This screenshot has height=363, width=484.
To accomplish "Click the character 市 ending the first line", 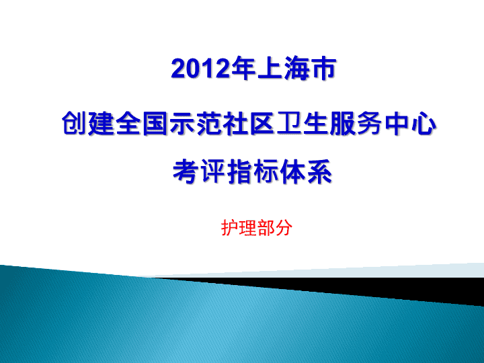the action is pyautogui.click(x=324, y=68).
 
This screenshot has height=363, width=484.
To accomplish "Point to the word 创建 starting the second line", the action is pyautogui.click(x=88, y=124).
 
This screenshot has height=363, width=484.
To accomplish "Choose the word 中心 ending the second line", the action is pyautogui.click(x=410, y=124).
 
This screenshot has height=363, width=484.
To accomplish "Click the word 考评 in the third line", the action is pyautogui.click(x=199, y=171).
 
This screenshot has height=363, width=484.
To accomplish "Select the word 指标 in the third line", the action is pyautogui.click(x=253, y=171).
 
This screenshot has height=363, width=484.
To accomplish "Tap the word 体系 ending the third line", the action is pyautogui.click(x=306, y=171).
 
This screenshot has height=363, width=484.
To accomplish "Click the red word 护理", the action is pyautogui.click(x=239, y=228).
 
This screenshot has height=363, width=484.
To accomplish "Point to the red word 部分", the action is pyautogui.click(x=275, y=228).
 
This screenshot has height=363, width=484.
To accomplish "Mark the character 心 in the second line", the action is pyautogui.click(x=424, y=124).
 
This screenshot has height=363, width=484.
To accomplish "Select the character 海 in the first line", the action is pyautogui.click(x=298, y=68).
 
